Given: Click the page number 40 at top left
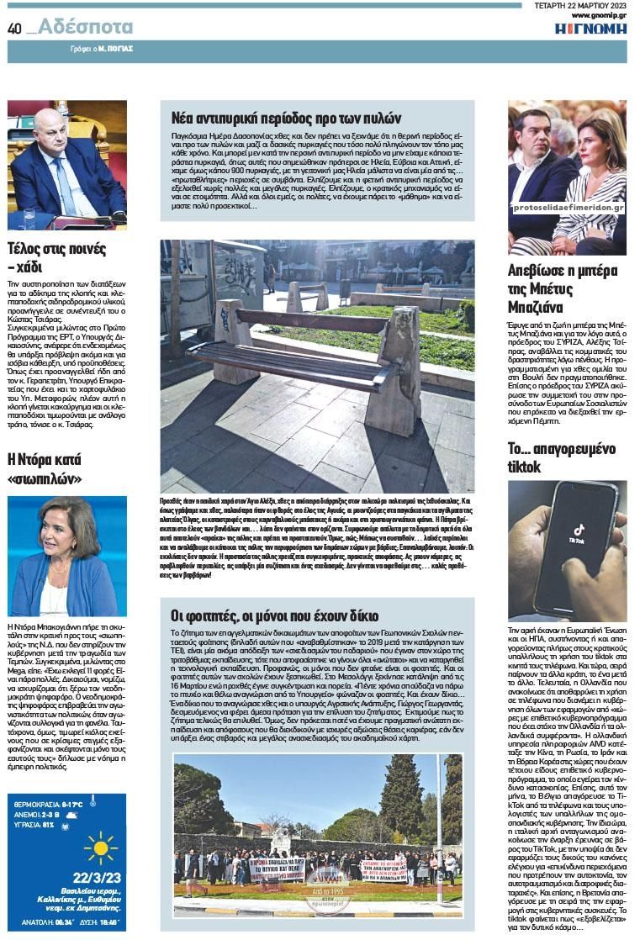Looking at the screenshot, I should coord(14,28).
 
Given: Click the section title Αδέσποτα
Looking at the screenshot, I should coord(84,27).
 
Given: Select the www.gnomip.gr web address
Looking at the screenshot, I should coord(599,15).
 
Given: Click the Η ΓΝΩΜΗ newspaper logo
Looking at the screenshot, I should coord(590,29).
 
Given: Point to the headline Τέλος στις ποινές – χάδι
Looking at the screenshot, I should coord(57,257).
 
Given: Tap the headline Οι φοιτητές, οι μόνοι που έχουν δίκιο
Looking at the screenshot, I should coord(275,616).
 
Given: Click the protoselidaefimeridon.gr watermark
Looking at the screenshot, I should coord(568,207).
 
